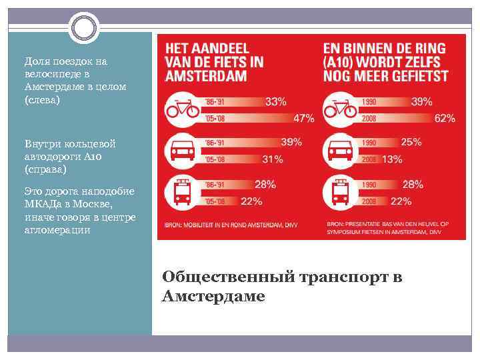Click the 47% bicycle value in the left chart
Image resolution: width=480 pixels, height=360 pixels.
303,118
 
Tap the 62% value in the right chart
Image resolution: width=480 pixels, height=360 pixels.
445,118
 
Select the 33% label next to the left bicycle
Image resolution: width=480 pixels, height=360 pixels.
276,102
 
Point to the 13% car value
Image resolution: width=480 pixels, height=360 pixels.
392,159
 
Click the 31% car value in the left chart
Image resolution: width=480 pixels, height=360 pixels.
272,159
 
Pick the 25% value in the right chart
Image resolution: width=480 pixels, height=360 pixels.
411,142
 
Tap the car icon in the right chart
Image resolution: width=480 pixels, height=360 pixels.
340,151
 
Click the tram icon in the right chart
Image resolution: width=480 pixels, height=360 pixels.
340,192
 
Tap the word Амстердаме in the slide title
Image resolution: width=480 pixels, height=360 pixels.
213,296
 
